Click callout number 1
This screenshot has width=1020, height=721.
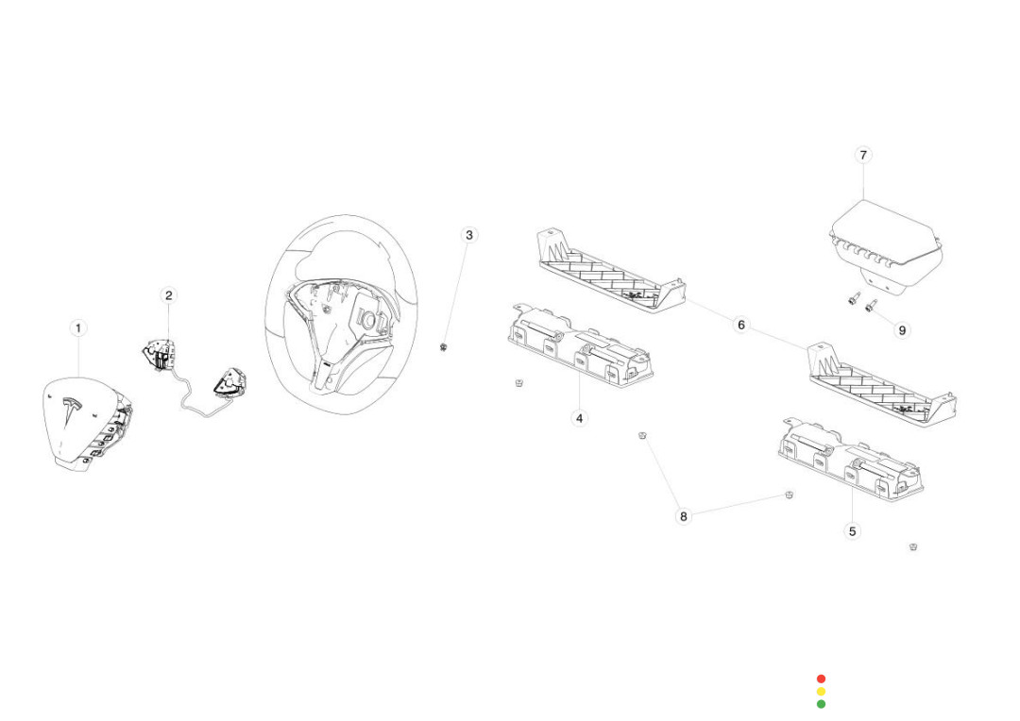pos(78,328)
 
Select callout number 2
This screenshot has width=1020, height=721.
pos(169,295)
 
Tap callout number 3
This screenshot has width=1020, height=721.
pos(469,235)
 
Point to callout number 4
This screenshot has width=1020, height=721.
pos(580,417)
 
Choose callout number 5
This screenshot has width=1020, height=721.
pos(853,531)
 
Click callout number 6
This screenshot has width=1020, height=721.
pos(741,325)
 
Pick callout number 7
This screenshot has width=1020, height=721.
pos(863,155)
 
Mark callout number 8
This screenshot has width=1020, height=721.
pos(684,516)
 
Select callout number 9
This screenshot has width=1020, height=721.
pos(902,330)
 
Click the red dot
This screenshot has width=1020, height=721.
pos(821,679)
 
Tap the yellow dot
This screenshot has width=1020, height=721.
pos(821,691)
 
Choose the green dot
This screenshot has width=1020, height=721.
pos(821,704)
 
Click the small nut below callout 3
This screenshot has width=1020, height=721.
pos(443,347)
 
